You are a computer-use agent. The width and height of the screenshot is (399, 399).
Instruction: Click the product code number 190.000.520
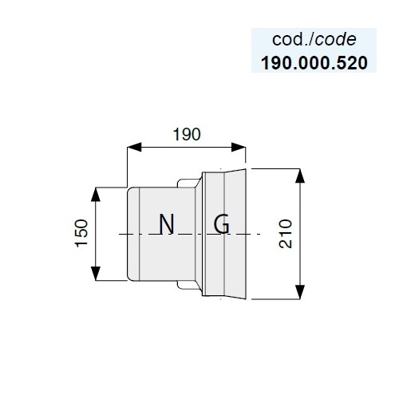pyautogui.click(x=314, y=63)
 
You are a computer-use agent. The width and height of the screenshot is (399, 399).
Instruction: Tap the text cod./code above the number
pyautogui.click(x=314, y=40)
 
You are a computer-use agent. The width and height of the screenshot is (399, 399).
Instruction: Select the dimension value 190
pyautogui.click(x=187, y=134)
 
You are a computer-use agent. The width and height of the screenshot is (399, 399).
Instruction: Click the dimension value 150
pyautogui.click(x=81, y=233)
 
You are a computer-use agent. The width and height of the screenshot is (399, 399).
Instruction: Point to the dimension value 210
pyautogui.click(x=286, y=234)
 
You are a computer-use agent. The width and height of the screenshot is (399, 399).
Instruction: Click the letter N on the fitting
pyautogui.click(x=167, y=224)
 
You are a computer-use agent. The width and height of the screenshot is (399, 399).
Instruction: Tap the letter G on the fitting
pyautogui.click(x=222, y=224)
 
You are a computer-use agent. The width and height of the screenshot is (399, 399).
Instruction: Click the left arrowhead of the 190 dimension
pyautogui.click(x=134, y=147)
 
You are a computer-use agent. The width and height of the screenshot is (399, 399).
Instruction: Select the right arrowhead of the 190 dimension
pyautogui.click(x=239, y=147)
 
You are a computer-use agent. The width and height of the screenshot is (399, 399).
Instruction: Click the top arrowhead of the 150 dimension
pyautogui.click(x=96, y=194)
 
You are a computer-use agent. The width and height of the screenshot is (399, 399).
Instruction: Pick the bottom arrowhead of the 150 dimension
pyautogui.click(x=96, y=274)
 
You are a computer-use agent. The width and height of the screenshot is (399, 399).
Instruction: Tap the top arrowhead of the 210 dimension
pyautogui.click(x=300, y=176)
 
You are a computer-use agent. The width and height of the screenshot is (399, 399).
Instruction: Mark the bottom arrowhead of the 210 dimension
pyautogui.click(x=300, y=292)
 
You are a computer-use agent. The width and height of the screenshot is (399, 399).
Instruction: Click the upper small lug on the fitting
pyautogui.click(x=188, y=183)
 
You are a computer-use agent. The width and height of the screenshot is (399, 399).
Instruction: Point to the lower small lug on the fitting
pyautogui.click(x=188, y=285)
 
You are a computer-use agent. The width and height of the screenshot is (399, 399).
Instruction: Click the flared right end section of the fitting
pyautogui.click(x=235, y=234)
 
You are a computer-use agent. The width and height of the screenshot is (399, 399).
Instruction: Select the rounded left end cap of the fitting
pyautogui.click(x=133, y=234)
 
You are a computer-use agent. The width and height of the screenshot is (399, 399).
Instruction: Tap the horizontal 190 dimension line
pyautogui.click(x=186, y=147)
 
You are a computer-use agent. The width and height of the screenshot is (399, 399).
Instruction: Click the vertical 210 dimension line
pyautogui.click(x=300, y=234)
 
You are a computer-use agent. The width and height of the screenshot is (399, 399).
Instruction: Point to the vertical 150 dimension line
pyautogui.click(x=96, y=234)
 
